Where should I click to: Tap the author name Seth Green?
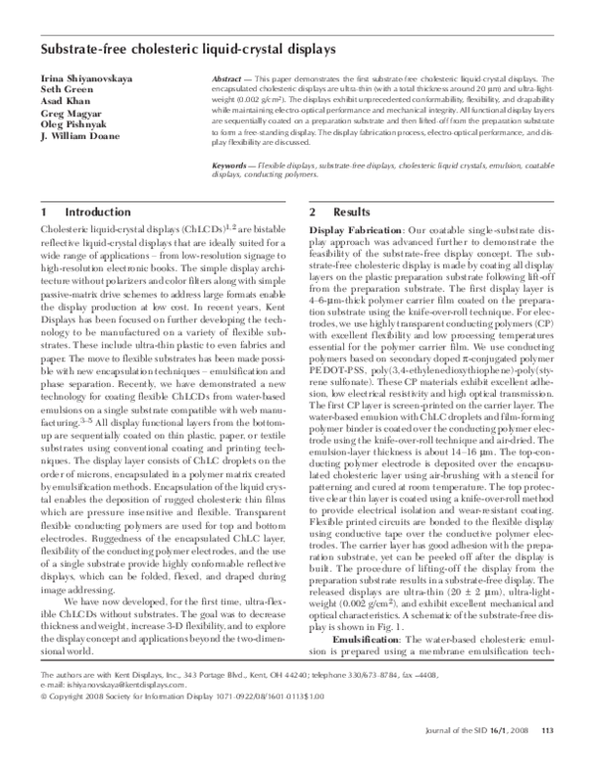(65, 90)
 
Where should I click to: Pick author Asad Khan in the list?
(64, 102)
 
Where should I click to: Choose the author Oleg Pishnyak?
(72, 126)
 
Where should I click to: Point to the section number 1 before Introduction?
(46, 212)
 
